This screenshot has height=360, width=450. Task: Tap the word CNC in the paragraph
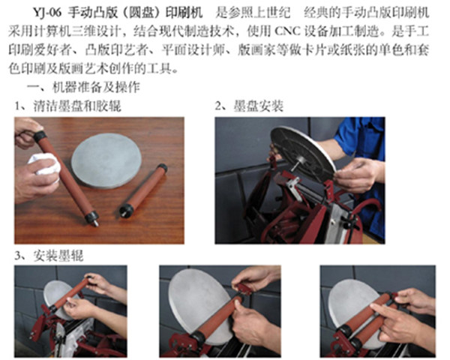pos(287,31)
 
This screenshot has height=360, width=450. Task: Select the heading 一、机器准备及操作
pos(83,87)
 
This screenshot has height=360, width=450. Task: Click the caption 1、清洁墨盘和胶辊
pos(68,106)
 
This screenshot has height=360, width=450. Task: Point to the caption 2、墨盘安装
pos(250,106)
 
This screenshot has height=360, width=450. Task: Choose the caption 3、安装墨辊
pos(49,256)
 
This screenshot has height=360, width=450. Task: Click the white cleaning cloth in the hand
pos(44,164)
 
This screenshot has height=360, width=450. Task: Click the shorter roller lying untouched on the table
pos(143,190)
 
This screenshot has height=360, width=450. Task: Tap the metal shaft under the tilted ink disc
pos(298,164)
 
